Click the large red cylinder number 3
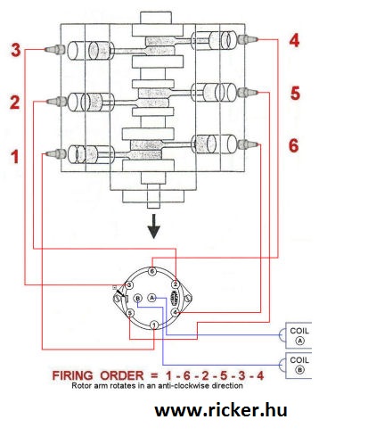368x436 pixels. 16,50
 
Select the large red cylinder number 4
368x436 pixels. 294,40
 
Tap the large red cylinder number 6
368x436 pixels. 293,145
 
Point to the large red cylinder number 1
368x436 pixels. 15,157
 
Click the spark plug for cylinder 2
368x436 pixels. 57,102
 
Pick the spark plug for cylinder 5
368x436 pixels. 247,93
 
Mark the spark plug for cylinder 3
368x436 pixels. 55,49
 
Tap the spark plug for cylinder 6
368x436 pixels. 249,144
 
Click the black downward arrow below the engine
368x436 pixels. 154,226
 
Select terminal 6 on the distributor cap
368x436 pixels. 152,271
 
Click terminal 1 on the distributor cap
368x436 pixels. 154,325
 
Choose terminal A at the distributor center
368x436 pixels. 151,298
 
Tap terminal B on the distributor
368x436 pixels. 137,298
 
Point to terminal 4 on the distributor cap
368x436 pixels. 176,312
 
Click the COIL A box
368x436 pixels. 298,335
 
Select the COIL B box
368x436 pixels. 298,366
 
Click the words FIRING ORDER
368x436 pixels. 98,375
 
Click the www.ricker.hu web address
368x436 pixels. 221,410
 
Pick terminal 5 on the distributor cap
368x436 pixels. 130,313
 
